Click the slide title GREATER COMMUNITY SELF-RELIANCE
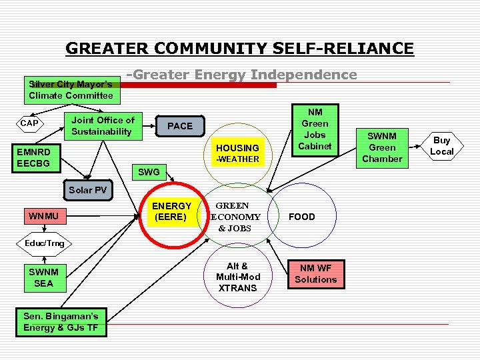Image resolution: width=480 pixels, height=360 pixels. click(x=239, y=49)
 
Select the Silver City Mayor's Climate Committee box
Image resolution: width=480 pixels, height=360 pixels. click(x=71, y=90)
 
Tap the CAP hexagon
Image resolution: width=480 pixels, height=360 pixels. click(x=29, y=123)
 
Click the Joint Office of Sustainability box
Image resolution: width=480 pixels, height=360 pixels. click(x=103, y=125)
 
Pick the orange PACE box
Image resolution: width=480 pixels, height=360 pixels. click(x=180, y=125)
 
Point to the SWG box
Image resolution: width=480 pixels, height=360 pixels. click(x=148, y=172)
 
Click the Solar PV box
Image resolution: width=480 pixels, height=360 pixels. click(x=87, y=190)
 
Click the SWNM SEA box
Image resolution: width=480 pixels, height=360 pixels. click(x=43, y=277)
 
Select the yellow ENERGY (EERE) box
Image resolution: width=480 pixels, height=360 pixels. click(x=172, y=211)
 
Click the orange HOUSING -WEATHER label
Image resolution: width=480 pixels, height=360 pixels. click(x=237, y=153)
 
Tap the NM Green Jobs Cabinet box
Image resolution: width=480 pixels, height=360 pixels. click(x=315, y=129)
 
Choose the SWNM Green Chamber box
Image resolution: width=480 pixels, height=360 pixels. click(x=382, y=147)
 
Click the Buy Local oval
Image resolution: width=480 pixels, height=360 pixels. click(x=441, y=146)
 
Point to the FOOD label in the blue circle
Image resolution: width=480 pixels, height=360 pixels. click(x=301, y=217)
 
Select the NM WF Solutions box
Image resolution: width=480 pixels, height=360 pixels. click(x=316, y=274)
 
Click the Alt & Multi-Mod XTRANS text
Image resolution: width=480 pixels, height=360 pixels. click(x=237, y=277)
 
